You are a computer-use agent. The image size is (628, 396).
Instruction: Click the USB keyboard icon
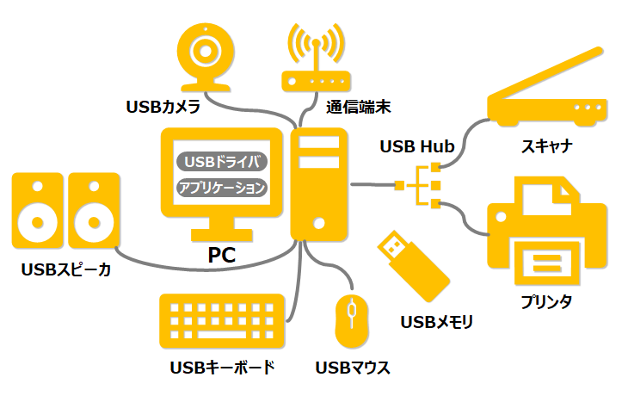[x=222, y=320]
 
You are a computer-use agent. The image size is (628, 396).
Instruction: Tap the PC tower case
[x=319, y=185]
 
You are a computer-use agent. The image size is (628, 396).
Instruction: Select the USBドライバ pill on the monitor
[x=223, y=161]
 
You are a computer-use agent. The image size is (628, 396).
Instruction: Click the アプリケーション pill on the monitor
[x=223, y=188]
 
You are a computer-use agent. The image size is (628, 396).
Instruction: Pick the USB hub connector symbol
[x=422, y=183]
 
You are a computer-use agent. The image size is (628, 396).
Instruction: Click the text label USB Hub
[x=416, y=146]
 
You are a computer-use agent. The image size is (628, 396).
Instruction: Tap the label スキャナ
[x=546, y=146]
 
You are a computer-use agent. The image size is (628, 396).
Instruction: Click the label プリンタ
[x=546, y=301]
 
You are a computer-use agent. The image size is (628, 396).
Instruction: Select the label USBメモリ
[x=437, y=322]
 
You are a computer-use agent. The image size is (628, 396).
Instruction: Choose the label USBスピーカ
[x=66, y=270]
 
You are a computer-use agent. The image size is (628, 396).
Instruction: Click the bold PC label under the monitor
[x=222, y=255]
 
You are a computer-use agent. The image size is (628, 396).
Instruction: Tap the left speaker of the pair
[x=37, y=208]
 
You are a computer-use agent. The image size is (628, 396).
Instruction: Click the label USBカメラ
[x=163, y=108]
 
